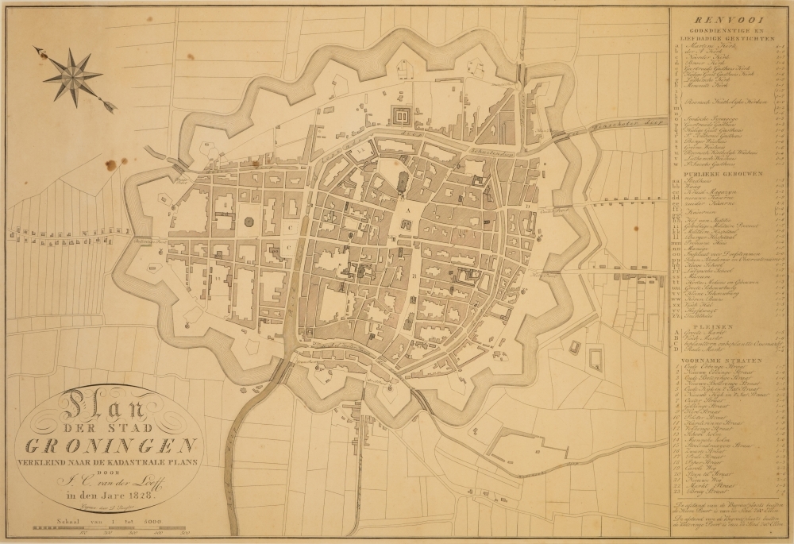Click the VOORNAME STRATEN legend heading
728,360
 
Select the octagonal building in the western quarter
251,223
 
